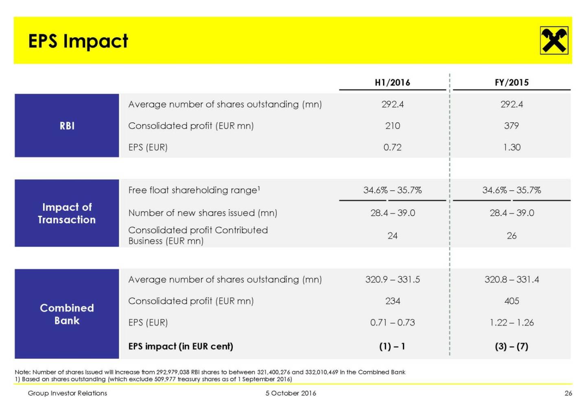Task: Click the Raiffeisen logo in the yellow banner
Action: [x=554, y=40]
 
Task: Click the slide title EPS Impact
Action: [x=78, y=41]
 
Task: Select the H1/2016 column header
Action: [x=392, y=82]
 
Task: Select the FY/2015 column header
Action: [x=512, y=82]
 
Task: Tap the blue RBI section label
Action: [x=67, y=126]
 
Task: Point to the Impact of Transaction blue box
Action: [x=67, y=213]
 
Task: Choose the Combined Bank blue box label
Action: [x=67, y=314]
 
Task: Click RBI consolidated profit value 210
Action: [x=392, y=126]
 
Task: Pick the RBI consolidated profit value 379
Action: [x=512, y=126]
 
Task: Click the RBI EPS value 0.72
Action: [x=392, y=147]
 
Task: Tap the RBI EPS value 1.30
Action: [x=512, y=147]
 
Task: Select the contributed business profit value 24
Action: [x=392, y=236]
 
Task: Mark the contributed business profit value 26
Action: [x=512, y=236]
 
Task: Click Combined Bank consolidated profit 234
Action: [x=392, y=301]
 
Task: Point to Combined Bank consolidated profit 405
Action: [x=512, y=301]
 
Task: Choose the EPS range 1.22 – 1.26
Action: [x=512, y=323]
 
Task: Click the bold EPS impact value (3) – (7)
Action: [x=512, y=347]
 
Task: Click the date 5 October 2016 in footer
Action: [x=291, y=393]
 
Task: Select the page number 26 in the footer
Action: [x=568, y=393]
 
